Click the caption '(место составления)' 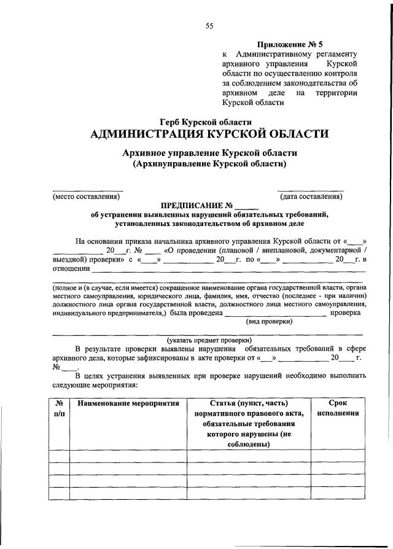[85, 197]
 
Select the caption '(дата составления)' [311, 197]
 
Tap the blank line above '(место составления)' [87, 190]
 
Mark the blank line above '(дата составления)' [311, 190]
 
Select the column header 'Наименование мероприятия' [128, 403]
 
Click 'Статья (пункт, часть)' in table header [248, 403]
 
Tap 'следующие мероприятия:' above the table [95, 385]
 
